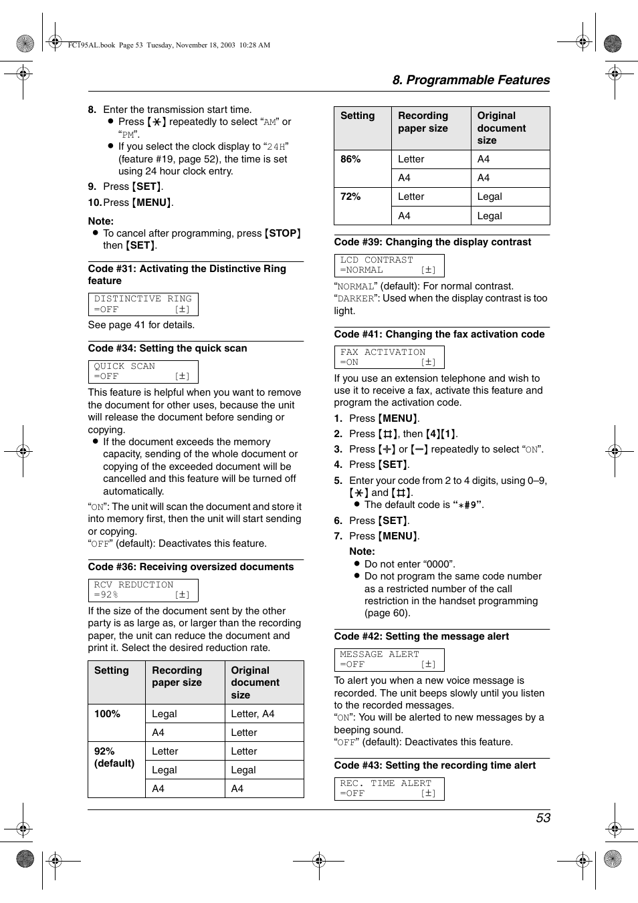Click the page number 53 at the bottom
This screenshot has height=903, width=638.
click(x=542, y=818)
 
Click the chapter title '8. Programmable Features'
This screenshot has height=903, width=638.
click(x=471, y=80)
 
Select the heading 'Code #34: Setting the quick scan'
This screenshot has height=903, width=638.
click(x=167, y=348)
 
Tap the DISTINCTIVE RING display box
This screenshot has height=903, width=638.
click(x=143, y=304)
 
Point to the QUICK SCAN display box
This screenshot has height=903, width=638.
click(x=143, y=372)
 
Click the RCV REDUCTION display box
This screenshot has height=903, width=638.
click(x=143, y=590)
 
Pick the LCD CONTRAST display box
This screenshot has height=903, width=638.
click(x=389, y=265)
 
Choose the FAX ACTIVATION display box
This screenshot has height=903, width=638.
click(x=389, y=358)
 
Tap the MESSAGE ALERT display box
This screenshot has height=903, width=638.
click(x=389, y=660)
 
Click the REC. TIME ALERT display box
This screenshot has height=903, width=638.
click(x=389, y=789)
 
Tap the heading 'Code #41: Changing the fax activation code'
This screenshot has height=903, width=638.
click(x=439, y=334)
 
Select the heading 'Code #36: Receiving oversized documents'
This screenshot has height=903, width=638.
click(x=191, y=567)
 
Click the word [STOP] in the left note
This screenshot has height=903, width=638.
click(x=282, y=233)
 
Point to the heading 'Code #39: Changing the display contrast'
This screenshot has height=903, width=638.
click(x=432, y=242)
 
